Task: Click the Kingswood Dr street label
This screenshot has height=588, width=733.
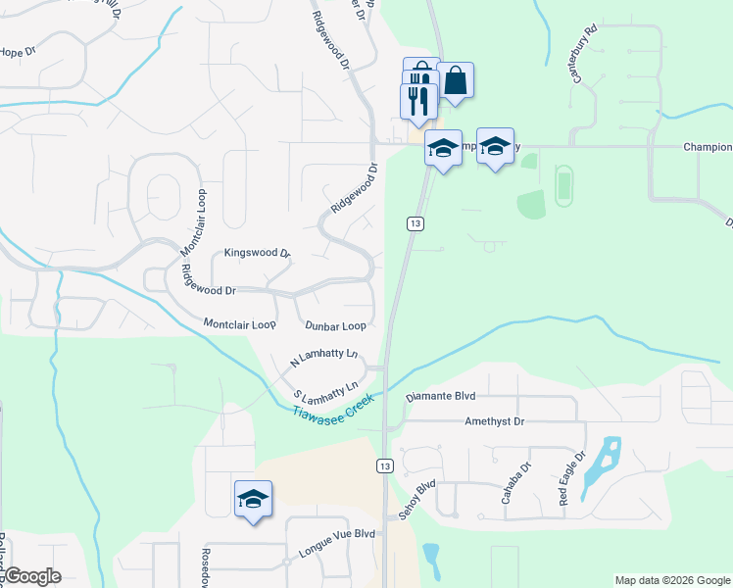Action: pos(258,253)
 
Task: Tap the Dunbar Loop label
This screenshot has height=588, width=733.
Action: pos(335,325)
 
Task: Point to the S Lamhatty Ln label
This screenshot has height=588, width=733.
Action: pos(326,394)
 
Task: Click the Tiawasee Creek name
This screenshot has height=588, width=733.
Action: pos(333,406)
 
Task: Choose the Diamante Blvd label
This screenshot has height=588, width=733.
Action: pos(440,399)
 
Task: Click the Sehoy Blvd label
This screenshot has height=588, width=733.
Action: pos(416,501)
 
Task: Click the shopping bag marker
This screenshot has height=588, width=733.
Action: pos(456,80)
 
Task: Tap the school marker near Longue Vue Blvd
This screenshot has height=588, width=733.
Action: pos(253,498)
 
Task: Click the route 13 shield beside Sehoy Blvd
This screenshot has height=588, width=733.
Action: pos(386,465)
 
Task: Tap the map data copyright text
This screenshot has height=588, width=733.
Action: pos(671,580)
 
